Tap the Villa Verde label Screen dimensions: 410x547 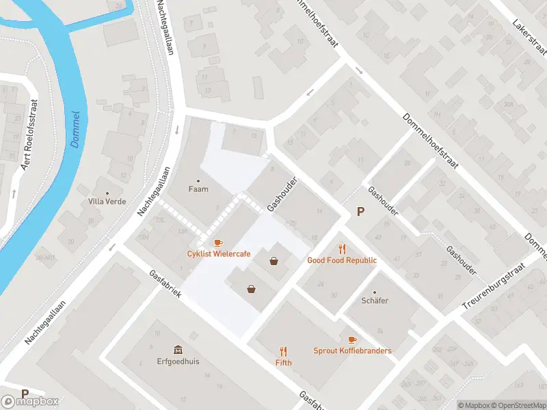click(x=105, y=202)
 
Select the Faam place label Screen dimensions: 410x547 click(x=198, y=189)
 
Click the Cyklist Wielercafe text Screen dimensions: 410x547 click(x=219, y=254)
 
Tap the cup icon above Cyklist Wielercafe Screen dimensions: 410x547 click(x=218, y=243)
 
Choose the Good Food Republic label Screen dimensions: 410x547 click(x=342, y=260)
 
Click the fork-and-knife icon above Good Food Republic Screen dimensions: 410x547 click(x=343, y=249)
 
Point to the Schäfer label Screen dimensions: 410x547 click(x=375, y=300)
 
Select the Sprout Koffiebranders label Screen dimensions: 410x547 click(x=352, y=351)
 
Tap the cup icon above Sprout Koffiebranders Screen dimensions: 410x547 click(x=352, y=340)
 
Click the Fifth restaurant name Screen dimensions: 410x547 click(x=283, y=362)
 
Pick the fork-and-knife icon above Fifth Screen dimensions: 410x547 click(x=283, y=351)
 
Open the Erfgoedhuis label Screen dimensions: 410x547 click(x=178, y=361)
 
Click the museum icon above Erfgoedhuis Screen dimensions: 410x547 click(x=178, y=349)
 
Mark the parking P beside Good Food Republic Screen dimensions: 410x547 click(x=360, y=213)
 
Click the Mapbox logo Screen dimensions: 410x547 click(x=31, y=401)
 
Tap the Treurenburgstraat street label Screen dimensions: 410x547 click(x=493, y=286)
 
